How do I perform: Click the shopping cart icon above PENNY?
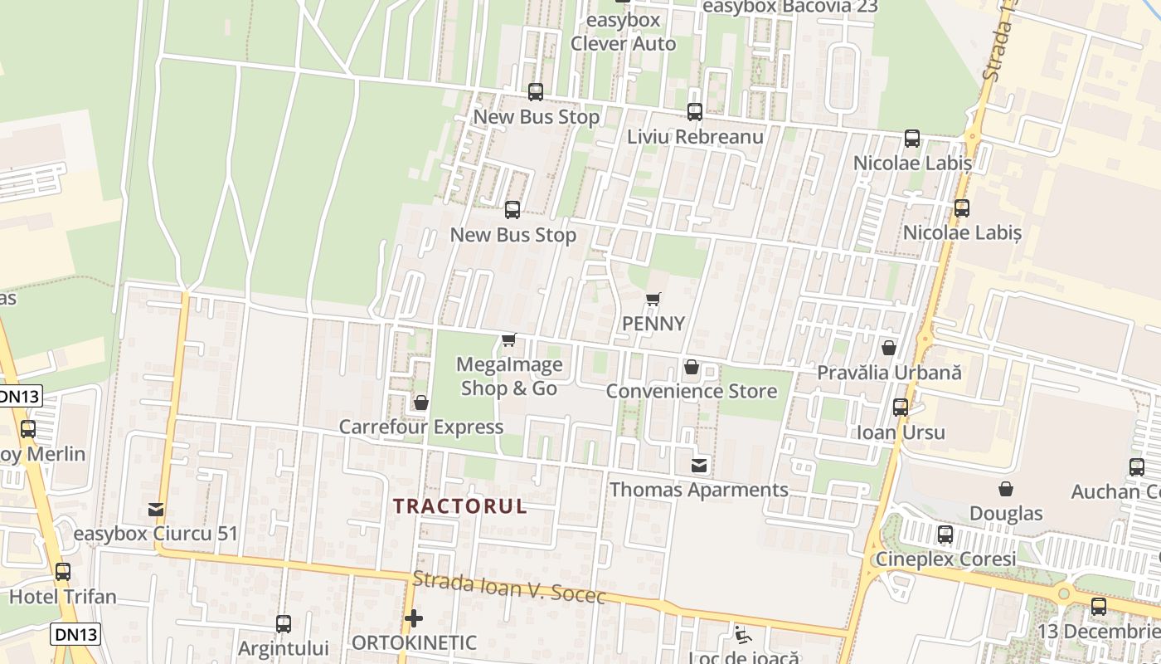[x=653, y=299]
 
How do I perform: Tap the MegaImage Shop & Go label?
[x=509, y=376]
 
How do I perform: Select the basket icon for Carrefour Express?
[x=420, y=403]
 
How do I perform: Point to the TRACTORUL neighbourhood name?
[x=459, y=506]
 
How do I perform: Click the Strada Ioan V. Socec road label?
[x=509, y=588]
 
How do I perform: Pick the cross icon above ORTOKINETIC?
[x=414, y=618]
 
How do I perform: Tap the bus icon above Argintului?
[x=284, y=623]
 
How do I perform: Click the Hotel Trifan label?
[x=63, y=596]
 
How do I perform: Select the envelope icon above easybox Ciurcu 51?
[x=156, y=510]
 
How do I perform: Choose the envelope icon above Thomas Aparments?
[x=700, y=466]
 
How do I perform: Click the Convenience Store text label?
[x=692, y=391]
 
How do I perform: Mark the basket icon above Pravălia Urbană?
[x=889, y=348]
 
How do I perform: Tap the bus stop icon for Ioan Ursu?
[x=901, y=408]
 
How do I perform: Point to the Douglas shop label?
[x=1006, y=513]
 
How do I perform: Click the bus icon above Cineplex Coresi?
[x=945, y=535]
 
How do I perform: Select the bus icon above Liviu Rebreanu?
[x=695, y=111]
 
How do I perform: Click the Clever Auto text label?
[x=624, y=44]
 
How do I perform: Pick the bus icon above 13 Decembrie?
[x=1099, y=607]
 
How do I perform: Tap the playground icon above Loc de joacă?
[x=742, y=635]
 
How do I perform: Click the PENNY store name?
[x=654, y=324]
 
